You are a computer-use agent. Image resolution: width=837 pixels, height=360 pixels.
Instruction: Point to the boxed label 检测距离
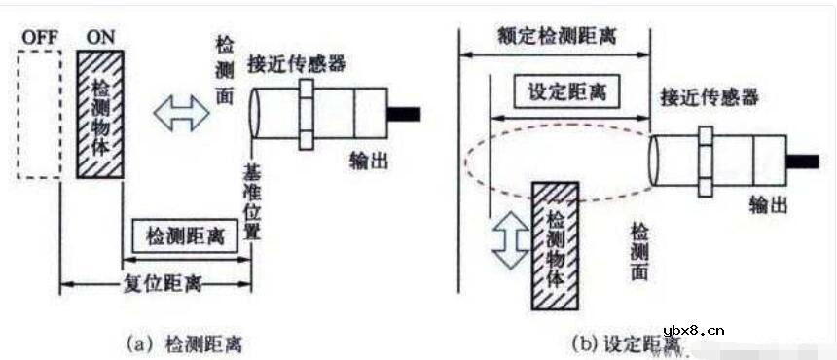[184, 236]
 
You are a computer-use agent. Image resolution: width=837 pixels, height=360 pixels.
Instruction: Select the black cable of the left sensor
[403, 114]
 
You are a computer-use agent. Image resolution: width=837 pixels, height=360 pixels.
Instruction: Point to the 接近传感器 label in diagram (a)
[297, 64]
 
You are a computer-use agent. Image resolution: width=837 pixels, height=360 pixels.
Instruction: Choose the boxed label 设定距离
[565, 92]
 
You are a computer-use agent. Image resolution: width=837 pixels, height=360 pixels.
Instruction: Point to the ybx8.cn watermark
[692, 330]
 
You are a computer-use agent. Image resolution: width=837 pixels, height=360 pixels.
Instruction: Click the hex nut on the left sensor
[307, 114]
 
